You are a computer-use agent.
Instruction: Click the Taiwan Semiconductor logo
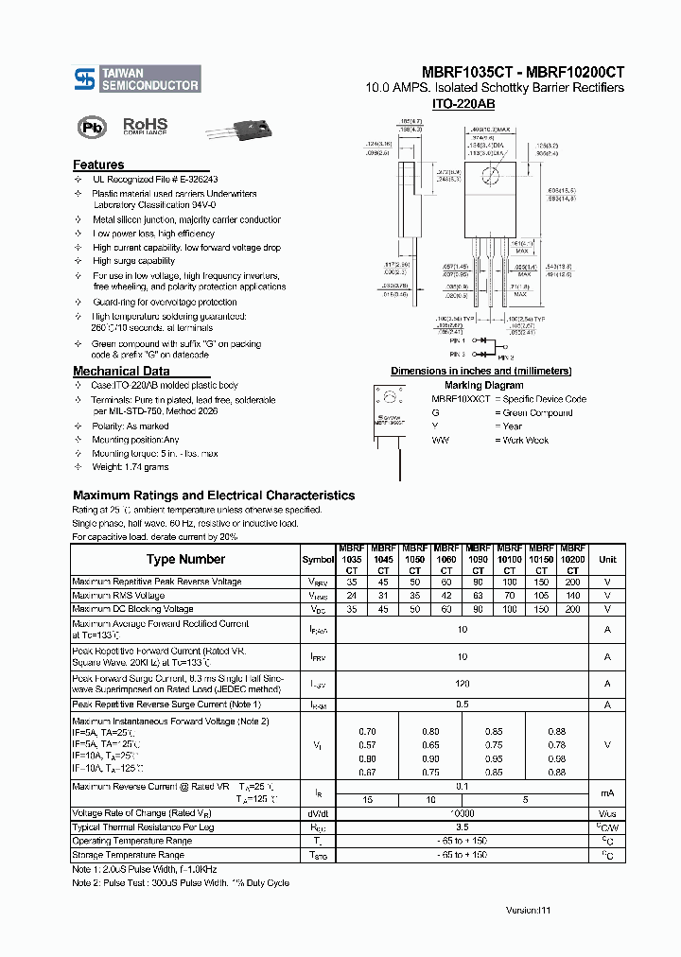click(137, 78)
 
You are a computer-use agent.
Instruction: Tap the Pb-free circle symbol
click(92, 128)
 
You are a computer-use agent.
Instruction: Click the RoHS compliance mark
click(145, 126)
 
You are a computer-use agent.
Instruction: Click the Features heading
click(98, 165)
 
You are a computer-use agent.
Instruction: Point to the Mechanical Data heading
click(121, 372)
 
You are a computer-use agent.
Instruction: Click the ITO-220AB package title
click(463, 104)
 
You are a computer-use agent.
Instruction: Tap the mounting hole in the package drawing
click(491, 175)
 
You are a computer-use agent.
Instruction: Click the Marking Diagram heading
click(483, 385)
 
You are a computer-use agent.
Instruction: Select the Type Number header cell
click(185, 559)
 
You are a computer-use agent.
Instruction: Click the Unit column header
click(607, 559)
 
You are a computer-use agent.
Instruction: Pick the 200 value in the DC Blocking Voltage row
click(572, 609)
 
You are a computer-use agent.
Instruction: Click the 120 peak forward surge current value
click(462, 684)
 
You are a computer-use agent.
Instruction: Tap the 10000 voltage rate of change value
click(462, 813)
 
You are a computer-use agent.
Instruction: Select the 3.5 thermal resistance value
click(462, 827)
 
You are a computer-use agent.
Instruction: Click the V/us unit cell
click(607, 813)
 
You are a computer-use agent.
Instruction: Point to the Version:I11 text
click(527, 909)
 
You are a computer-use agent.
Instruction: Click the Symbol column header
click(318, 559)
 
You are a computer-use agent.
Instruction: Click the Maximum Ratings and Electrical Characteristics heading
click(214, 495)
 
